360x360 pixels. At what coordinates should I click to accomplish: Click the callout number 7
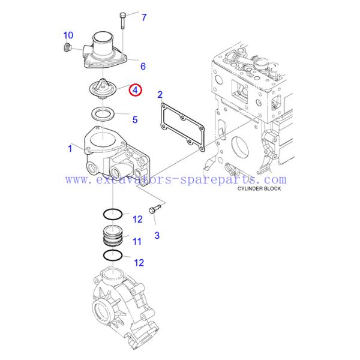tap(144, 17)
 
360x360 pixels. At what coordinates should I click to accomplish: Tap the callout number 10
tap(68, 35)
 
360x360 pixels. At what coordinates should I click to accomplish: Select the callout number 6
tap(143, 66)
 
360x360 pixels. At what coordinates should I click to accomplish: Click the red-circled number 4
tap(136, 91)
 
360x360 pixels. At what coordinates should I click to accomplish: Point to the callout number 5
tap(135, 119)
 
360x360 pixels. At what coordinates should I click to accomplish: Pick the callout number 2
tap(160, 94)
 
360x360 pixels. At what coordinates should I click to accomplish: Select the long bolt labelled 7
tap(122, 20)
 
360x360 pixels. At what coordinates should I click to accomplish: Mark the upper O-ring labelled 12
tap(112, 214)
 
